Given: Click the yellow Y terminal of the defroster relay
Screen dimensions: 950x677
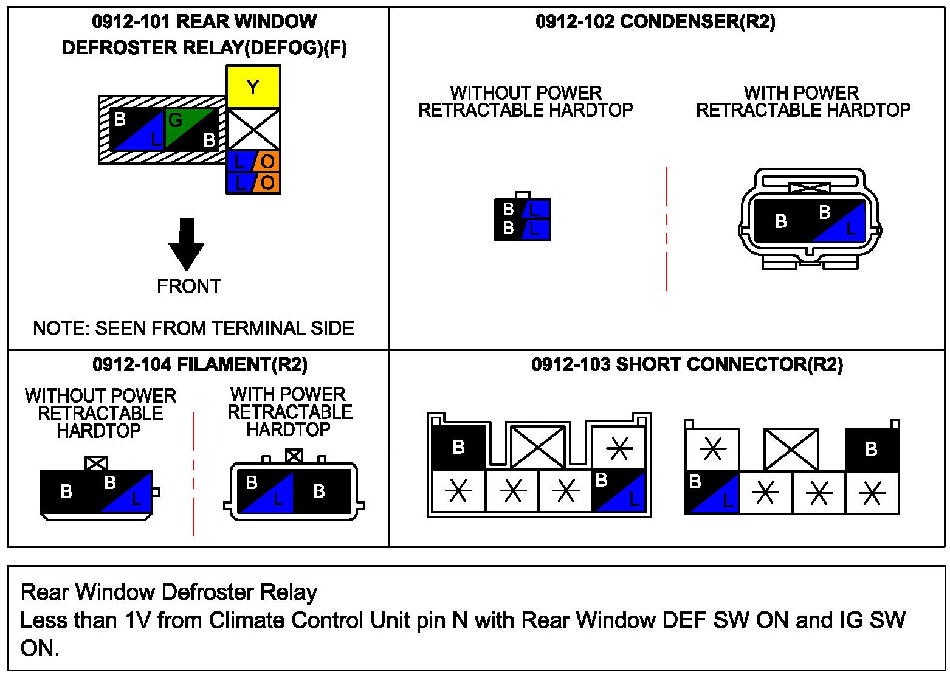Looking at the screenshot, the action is [x=253, y=86].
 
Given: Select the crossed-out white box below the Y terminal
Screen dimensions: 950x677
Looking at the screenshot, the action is [x=253, y=129].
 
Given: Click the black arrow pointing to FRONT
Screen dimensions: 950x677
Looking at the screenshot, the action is [x=186, y=244].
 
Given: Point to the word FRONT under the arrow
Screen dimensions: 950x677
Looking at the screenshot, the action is [x=189, y=286].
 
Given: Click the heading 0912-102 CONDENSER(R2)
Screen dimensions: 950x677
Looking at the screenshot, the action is [x=655, y=22].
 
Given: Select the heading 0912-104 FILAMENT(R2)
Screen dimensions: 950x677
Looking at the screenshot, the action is [x=200, y=364].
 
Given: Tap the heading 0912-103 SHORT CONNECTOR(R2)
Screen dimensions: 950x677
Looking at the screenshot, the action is [x=687, y=364].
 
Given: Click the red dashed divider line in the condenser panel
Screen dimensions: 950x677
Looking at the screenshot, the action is [x=667, y=229].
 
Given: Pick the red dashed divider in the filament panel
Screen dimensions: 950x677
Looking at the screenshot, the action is [x=194, y=474].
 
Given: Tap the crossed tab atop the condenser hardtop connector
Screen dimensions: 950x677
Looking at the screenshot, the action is [x=810, y=187].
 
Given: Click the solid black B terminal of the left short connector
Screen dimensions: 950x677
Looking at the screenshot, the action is [x=458, y=447].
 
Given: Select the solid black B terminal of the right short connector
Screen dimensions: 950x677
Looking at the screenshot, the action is [x=872, y=450].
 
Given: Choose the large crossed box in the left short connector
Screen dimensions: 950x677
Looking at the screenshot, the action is [x=538, y=447].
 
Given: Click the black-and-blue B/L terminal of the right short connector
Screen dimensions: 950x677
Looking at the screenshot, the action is [x=712, y=492].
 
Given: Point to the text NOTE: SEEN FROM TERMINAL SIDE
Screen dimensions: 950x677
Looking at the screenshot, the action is [x=193, y=328].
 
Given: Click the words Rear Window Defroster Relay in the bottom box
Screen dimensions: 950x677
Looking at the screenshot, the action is [x=169, y=592].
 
